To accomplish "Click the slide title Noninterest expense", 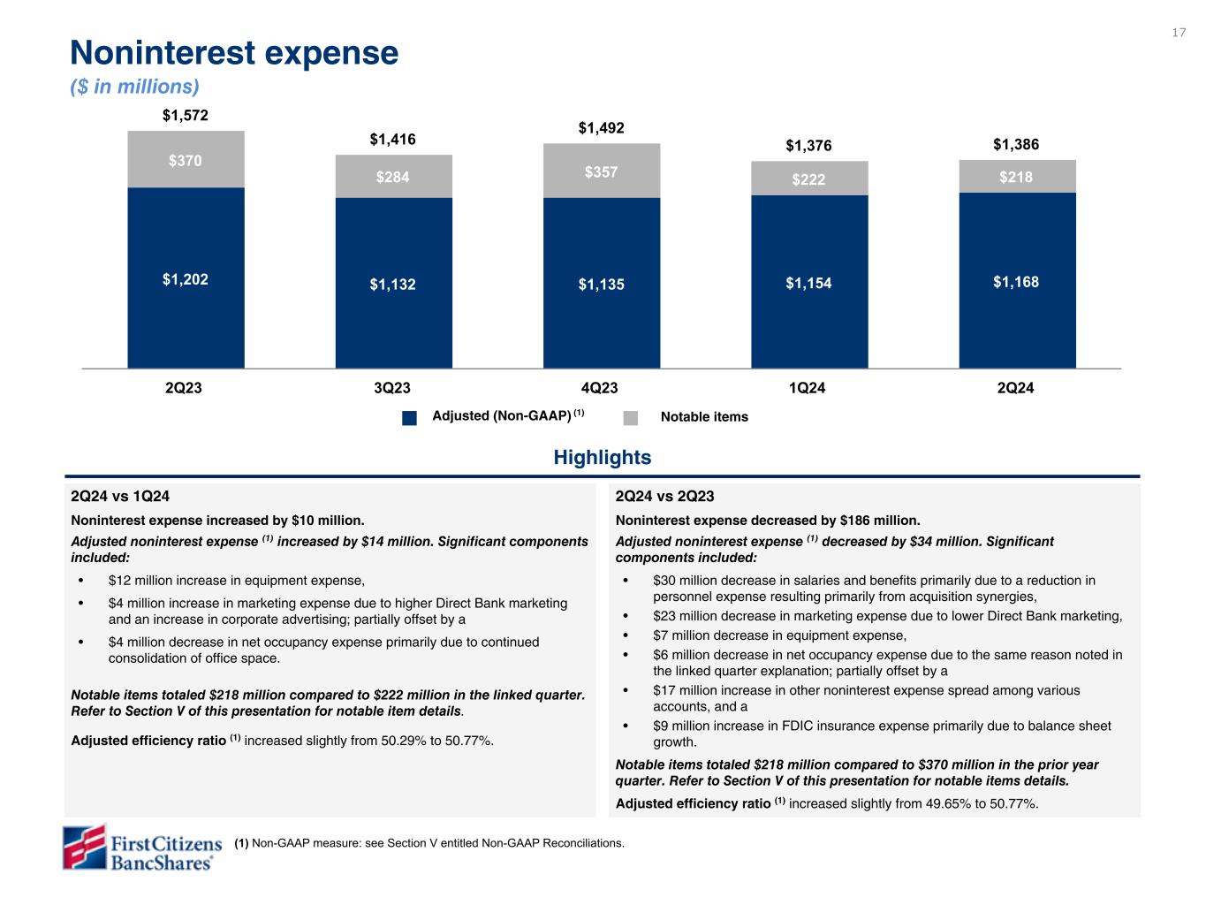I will tap(234, 54).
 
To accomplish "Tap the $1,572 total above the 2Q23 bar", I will tap(186, 115).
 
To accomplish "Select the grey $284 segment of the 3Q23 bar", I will tap(394, 177).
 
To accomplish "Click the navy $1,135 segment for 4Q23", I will tap(602, 284).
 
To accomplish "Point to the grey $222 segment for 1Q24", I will tap(809, 179).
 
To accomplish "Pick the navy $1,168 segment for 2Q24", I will tap(1017, 282).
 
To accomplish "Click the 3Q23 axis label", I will tap(394, 388).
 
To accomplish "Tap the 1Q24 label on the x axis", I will tap(809, 388).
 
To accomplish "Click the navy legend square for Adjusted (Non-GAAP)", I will tap(409, 418).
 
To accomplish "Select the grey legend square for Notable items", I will tap(630, 418).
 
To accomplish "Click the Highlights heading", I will tap(602, 458).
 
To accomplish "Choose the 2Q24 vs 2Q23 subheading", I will tap(664, 497).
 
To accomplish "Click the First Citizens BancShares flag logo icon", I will tap(84, 848).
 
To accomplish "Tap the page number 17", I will tap(1179, 33).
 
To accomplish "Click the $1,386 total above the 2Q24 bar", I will tap(1017, 143).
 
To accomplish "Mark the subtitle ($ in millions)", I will tap(134, 87).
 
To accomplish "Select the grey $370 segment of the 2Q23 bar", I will tap(186, 160).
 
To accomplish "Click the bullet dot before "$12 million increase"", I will tap(82, 582).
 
